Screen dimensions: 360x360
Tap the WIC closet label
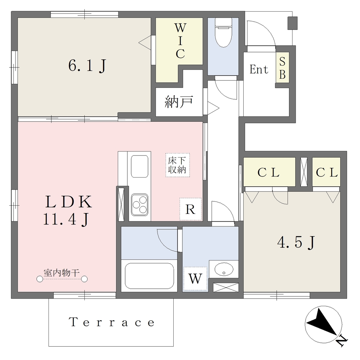click(180, 41)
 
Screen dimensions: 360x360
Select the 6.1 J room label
click(87, 66)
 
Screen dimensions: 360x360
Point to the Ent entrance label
click(259, 69)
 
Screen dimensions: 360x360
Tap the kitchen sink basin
click(139, 166)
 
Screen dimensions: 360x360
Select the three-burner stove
click(139, 204)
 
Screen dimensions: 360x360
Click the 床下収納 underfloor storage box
click(178, 165)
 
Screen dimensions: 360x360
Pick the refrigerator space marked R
click(191, 209)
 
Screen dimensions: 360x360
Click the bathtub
click(149, 276)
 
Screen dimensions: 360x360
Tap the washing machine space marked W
click(195, 278)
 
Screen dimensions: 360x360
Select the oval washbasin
click(224, 269)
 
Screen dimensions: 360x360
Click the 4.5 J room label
click(296, 243)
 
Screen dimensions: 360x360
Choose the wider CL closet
click(269, 172)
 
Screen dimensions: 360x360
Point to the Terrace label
click(111, 322)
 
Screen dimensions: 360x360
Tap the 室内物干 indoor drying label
click(62, 273)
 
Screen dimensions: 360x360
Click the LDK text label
click(69, 202)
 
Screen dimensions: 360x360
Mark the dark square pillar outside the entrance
click(292, 23)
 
